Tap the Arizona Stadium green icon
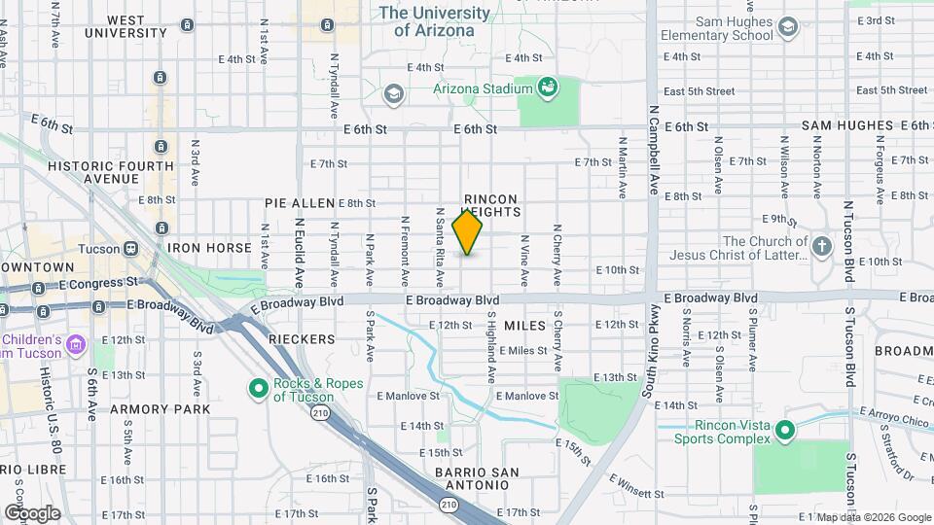click(548, 88)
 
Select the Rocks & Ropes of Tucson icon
click(259, 389)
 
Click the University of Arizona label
click(434, 21)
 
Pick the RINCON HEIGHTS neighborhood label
click(491, 204)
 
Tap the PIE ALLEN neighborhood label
click(300, 203)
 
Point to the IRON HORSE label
click(209, 248)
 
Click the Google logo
click(32, 512)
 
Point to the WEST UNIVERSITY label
click(127, 26)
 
